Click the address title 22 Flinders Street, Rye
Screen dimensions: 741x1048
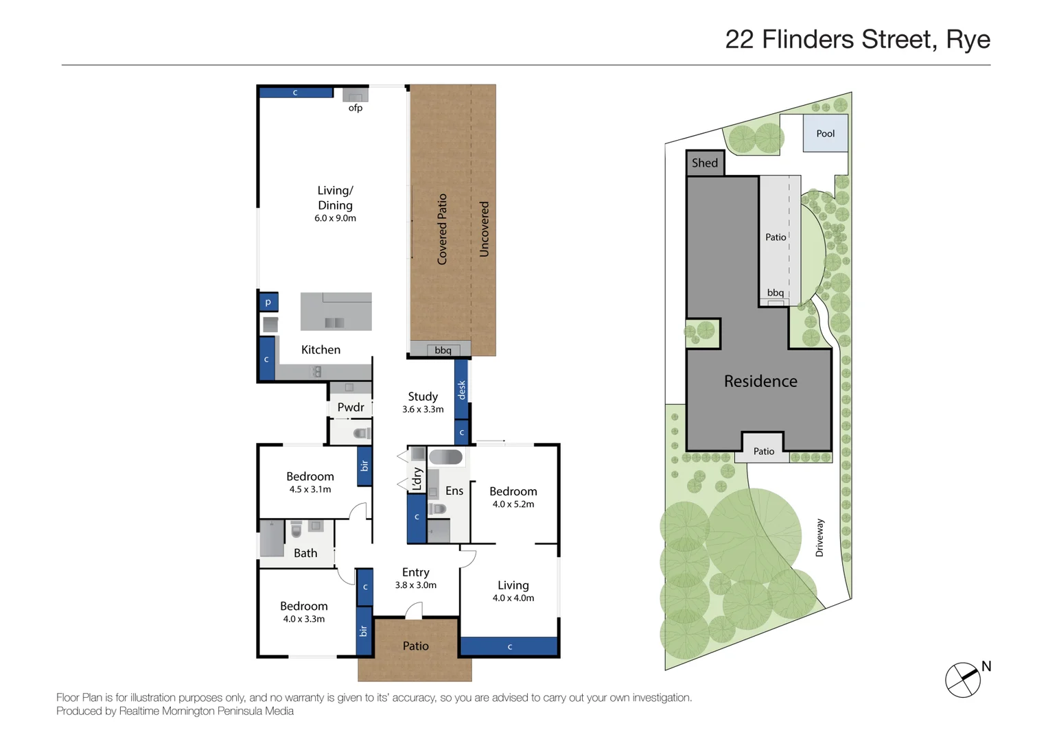[857, 40]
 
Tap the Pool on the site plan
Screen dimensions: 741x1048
[825, 133]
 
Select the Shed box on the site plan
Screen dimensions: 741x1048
[705, 163]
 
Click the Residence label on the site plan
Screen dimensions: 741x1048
[760, 381]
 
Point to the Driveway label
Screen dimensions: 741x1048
[819, 537]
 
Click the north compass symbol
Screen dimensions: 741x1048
[963, 680]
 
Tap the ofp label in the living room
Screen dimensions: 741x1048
[355, 108]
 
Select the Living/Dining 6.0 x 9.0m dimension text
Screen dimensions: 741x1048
[335, 218]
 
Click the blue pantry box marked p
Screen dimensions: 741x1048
[268, 302]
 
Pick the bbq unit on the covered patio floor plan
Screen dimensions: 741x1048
[443, 350]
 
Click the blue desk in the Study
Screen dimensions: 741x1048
[461, 389]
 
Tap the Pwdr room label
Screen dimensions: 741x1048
[351, 408]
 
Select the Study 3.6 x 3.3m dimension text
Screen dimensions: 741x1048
[423, 410]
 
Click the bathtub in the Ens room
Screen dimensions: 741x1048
[445, 457]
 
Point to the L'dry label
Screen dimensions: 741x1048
[417, 479]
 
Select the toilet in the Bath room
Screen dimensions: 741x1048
[296, 530]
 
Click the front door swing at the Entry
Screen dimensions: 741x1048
[414, 611]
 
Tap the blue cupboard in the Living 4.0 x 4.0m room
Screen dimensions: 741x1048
[509, 646]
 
